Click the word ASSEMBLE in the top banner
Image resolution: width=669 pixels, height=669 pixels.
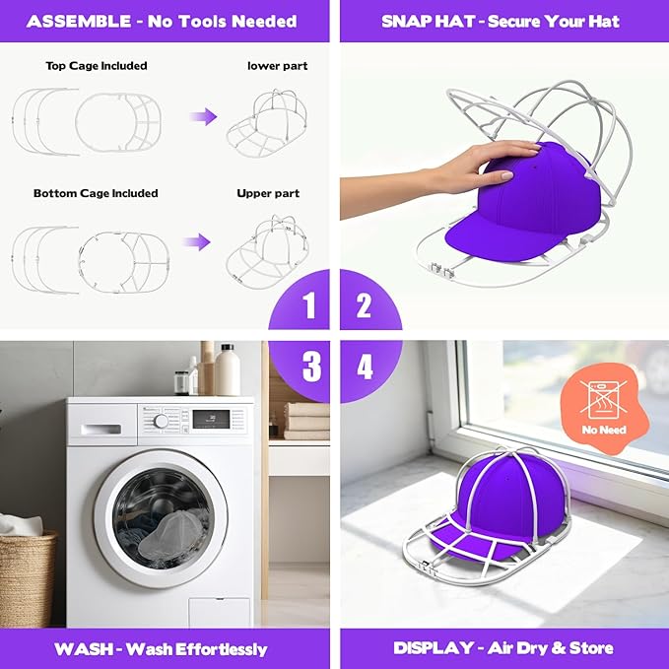79,22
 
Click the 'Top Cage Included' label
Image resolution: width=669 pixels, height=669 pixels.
97,66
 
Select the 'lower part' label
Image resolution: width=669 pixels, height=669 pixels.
277,66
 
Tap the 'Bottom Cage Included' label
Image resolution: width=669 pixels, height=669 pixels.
96,193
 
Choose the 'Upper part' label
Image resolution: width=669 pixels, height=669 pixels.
268,193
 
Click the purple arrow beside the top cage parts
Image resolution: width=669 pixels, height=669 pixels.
204,116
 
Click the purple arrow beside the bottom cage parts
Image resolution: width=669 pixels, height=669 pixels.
197,242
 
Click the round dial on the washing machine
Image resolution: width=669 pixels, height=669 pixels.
161,422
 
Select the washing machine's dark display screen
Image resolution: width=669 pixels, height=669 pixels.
211,419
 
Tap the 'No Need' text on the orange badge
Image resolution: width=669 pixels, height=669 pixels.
604,430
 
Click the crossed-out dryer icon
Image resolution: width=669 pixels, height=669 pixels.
603,400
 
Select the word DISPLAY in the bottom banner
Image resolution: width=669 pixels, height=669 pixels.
434,648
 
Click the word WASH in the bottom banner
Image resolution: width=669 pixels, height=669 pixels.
84,649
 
